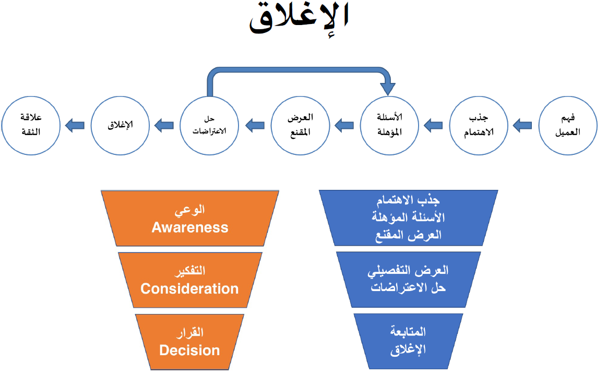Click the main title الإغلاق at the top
coord(299,19)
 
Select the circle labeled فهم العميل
coord(568,125)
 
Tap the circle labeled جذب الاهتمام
coord(479,125)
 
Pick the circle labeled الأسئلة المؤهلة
coord(389,125)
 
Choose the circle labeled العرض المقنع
coord(300,125)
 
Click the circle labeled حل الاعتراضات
coord(210,125)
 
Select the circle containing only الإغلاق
coord(121,125)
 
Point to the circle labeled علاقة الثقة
coord(31,125)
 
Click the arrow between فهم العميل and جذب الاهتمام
coord(522,125)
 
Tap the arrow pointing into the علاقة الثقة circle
coord(75,125)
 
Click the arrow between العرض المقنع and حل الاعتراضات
coord(255,125)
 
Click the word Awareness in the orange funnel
coord(190,227)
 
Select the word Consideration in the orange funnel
coord(190,288)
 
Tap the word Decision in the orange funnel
coord(190,350)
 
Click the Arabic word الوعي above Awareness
coord(190,211)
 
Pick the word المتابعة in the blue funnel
coord(408,332)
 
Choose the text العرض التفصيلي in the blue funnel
coord(409,271)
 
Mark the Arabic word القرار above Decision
coord(190,333)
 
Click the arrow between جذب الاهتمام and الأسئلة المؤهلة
coord(433,125)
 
